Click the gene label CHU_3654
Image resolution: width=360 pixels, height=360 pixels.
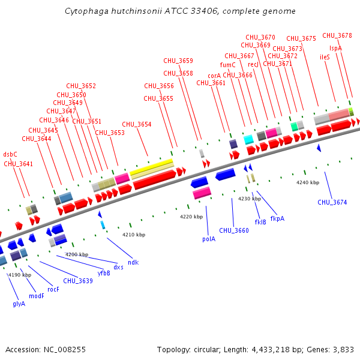[x=137, y=125]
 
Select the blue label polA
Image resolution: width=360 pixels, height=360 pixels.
[x=208, y=238]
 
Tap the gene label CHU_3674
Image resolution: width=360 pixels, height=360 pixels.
[x=332, y=202]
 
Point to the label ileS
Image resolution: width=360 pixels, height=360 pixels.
[x=325, y=57]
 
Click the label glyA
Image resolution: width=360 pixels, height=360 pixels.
[x=19, y=304]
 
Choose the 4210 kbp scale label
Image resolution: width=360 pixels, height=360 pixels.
[x=134, y=235]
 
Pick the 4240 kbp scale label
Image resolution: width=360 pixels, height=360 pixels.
[x=308, y=182]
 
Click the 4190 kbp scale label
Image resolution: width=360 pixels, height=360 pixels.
[x=19, y=275]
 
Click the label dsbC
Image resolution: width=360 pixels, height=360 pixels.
[x=10, y=154]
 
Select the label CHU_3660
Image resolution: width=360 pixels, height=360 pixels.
[x=233, y=230]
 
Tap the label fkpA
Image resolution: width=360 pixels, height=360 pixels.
[x=277, y=218]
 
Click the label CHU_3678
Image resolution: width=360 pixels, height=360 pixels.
[x=337, y=35]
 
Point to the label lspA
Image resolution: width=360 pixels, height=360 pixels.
[x=335, y=48]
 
